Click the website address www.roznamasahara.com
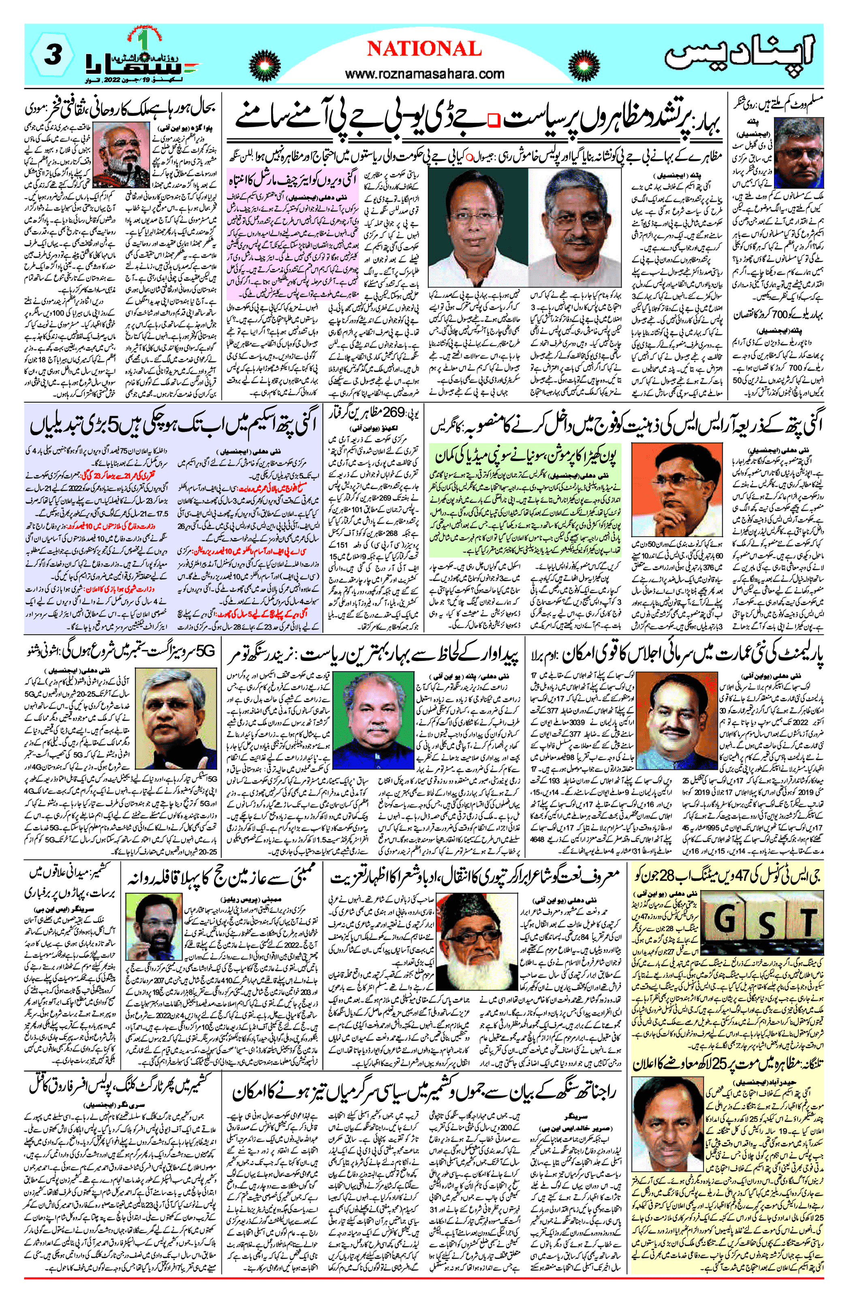(425, 73)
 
